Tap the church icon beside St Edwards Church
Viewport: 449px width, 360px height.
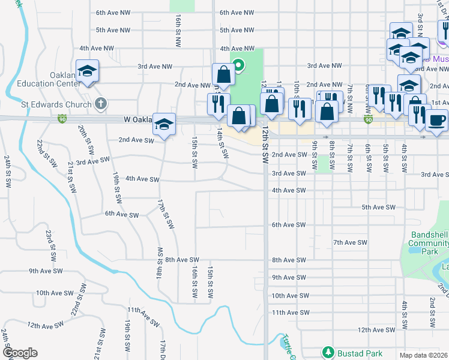pyautogui.click(x=100, y=105)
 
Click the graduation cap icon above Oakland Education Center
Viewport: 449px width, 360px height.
pyautogui.click(x=88, y=71)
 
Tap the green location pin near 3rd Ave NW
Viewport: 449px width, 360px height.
pyautogui.click(x=238, y=65)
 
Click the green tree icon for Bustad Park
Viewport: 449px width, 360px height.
pyautogui.click(x=327, y=351)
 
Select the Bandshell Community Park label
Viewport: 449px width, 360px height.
pyautogui.click(x=428, y=243)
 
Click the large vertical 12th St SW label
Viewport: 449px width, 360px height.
pyautogui.click(x=264, y=147)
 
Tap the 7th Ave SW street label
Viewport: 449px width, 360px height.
pyautogui.click(x=350, y=242)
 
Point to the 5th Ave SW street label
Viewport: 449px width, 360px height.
pyautogui.click(x=379, y=207)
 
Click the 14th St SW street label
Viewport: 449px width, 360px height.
pyautogui.click(x=222, y=143)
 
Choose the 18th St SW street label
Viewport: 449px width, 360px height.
pyautogui.click(x=160, y=262)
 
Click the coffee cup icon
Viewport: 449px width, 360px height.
pyautogui.click(x=436, y=119)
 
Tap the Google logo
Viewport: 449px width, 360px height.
pyautogui.click(x=20, y=353)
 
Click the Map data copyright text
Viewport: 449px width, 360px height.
pyautogui.click(x=423, y=355)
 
